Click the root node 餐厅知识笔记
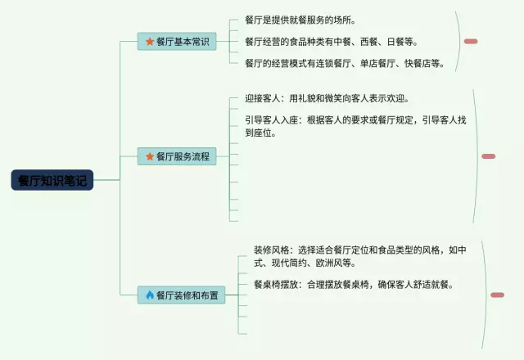tap(52, 181)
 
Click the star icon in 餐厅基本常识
tap(150, 42)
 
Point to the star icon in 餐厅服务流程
tap(150, 156)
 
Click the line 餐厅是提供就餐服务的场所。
tap(300, 20)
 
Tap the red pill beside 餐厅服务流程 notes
tap(489, 156)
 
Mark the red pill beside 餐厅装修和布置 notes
tap(497, 295)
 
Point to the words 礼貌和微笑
tap(331, 98)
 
